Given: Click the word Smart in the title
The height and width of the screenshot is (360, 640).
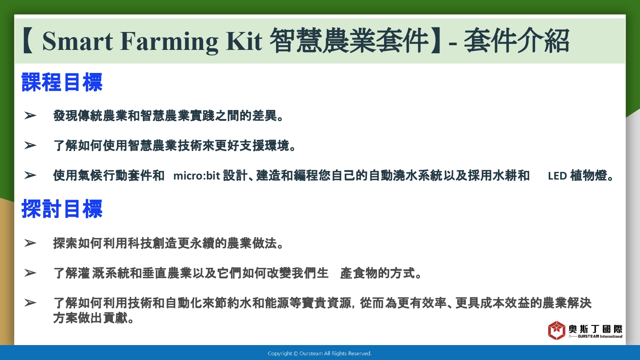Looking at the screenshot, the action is click(x=77, y=41).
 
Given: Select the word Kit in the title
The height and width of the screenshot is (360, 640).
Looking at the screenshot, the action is click(x=244, y=41).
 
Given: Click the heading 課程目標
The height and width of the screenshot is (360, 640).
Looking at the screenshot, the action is click(x=62, y=82).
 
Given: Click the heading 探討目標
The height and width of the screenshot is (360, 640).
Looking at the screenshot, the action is click(x=62, y=209).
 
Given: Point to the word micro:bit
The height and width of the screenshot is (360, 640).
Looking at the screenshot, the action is click(x=197, y=176).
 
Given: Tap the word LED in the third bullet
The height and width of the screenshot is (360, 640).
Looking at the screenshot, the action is click(x=557, y=176).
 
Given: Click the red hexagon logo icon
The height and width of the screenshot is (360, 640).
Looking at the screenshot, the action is click(x=556, y=330).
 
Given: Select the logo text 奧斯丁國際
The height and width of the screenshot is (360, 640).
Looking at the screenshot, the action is click(x=595, y=329).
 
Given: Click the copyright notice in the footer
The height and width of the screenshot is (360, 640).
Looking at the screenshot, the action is click(x=320, y=354).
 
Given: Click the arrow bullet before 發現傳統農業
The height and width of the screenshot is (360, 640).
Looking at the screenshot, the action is click(x=30, y=116).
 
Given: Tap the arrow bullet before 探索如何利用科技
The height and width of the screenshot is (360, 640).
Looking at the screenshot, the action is click(x=30, y=243).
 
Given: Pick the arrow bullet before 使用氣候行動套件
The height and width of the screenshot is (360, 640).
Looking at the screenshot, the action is click(x=30, y=175).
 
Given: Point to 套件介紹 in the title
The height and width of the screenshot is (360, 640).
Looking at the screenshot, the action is click(x=517, y=41).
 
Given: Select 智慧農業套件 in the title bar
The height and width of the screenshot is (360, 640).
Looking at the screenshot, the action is click(x=349, y=41).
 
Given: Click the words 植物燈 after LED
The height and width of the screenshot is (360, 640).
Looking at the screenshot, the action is click(x=588, y=176).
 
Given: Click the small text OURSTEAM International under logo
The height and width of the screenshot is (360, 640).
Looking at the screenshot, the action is click(x=600, y=336).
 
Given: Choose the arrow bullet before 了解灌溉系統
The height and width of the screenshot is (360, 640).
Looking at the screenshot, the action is click(x=30, y=273).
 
